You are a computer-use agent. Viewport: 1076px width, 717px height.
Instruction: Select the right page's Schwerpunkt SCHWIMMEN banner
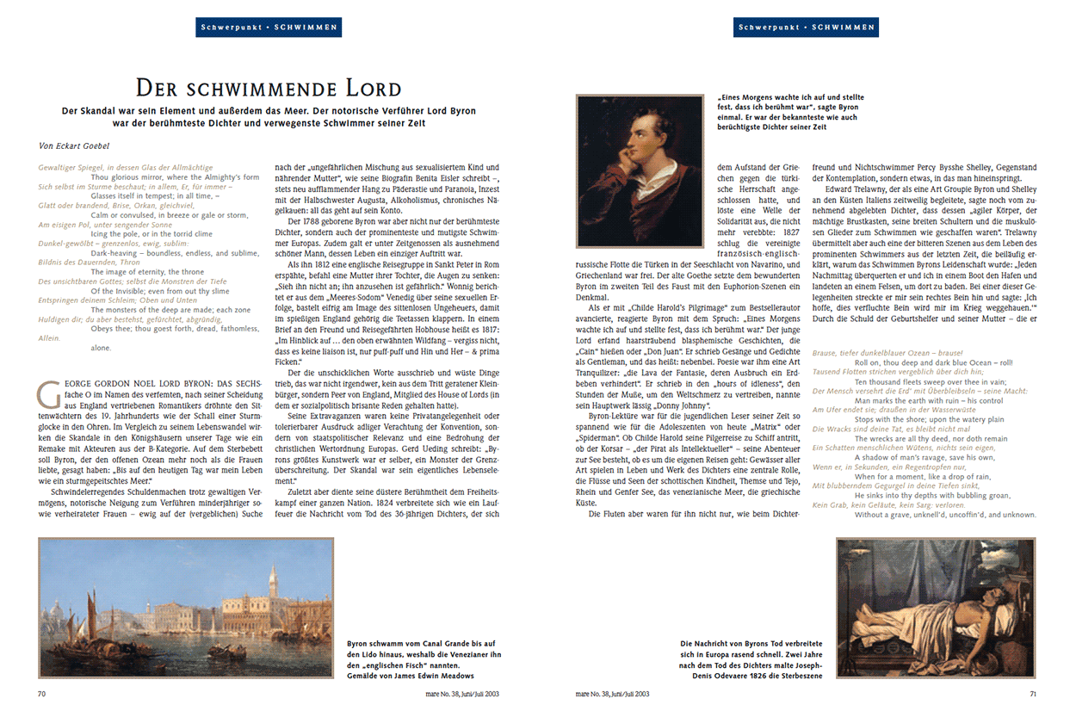(807, 28)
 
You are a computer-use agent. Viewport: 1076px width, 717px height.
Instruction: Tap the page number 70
(42, 693)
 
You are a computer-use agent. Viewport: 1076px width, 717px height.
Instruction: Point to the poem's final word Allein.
(50, 338)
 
